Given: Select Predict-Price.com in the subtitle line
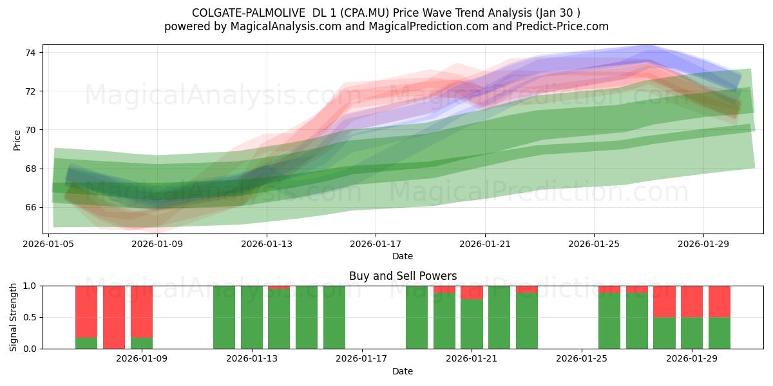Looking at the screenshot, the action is (x=562, y=26).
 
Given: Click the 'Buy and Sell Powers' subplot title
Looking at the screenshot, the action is (x=403, y=276).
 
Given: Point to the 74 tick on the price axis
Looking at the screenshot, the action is (x=30, y=53).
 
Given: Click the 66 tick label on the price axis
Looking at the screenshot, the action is (x=30, y=207).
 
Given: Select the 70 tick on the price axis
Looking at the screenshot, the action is (x=30, y=130).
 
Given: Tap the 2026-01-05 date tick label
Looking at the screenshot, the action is (x=48, y=244).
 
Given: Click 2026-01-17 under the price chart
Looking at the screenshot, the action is (x=376, y=244).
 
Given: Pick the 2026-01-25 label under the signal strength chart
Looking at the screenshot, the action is (x=582, y=358).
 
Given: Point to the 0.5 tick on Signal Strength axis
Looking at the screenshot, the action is (x=30, y=317).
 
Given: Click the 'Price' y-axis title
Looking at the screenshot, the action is (x=17, y=140).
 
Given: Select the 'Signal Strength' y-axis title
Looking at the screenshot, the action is (x=13, y=317).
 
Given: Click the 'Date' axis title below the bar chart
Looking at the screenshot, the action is (x=403, y=371).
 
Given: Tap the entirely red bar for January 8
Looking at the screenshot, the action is (x=114, y=317).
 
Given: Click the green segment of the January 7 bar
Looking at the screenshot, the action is (x=86, y=344).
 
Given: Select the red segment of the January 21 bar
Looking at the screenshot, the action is (x=472, y=293).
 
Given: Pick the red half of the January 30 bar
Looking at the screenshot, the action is (x=720, y=302).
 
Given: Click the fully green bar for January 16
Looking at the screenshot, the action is (x=334, y=317).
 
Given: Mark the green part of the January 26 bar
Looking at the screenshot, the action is (x=609, y=320).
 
